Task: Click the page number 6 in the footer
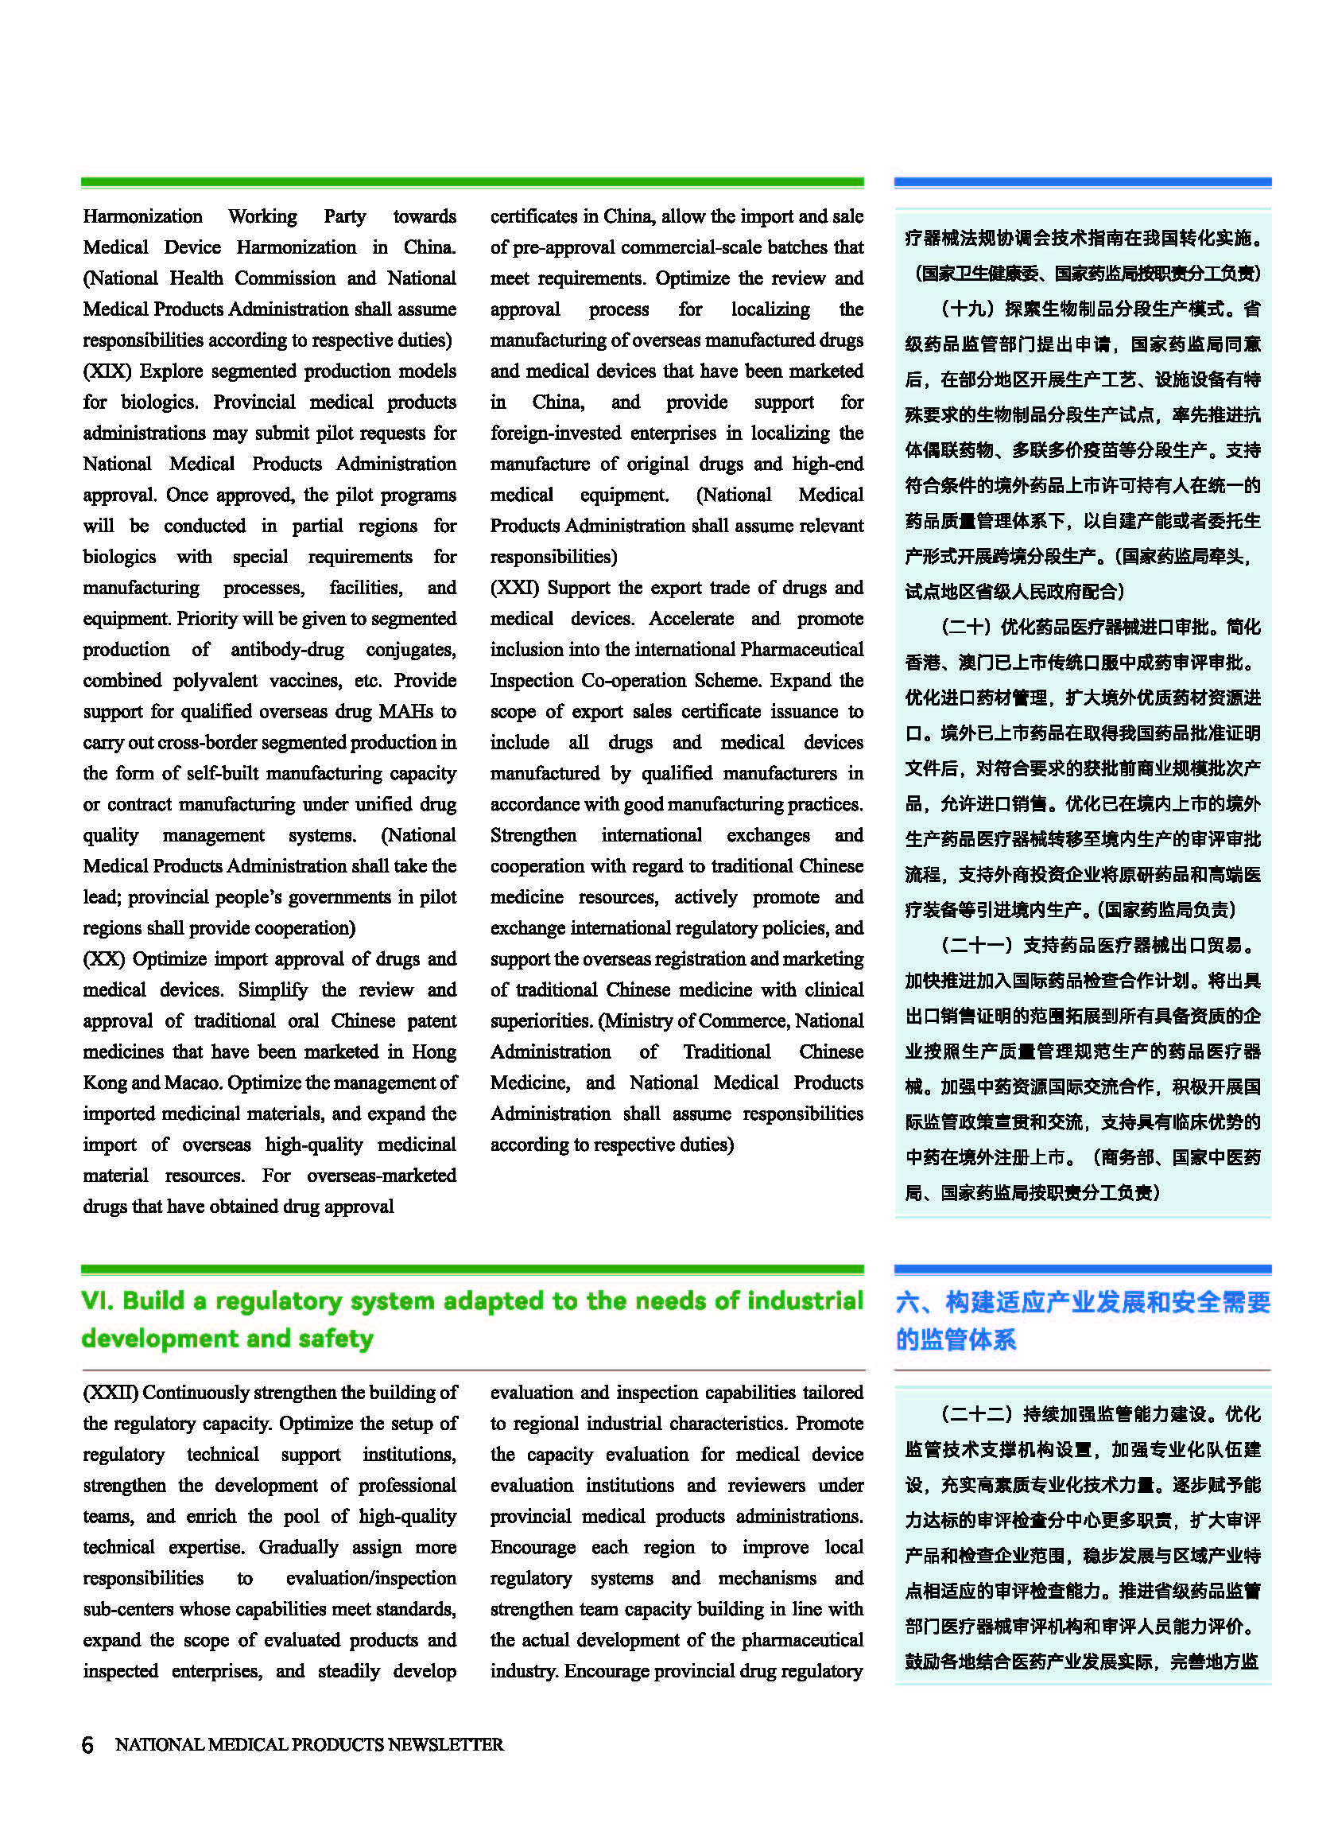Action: (x=87, y=1743)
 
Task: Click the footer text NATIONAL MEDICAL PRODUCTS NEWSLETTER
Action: (x=309, y=1743)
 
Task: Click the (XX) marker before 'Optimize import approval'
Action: (x=103, y=958)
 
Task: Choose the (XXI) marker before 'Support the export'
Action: (x=514, y=587)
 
